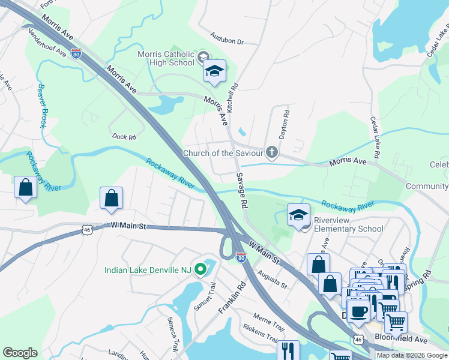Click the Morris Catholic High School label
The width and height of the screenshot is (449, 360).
click(x=166, y=58)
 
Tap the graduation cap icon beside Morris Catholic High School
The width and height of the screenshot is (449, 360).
click(x=214, y=71)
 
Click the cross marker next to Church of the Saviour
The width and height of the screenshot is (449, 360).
click(x=272, y=152)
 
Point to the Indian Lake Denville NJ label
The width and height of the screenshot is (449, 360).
click(x=147, y=270)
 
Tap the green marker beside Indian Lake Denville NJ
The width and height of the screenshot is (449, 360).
click(x=202, y=270)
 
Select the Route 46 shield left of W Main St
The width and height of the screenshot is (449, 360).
click(x=87, y=229)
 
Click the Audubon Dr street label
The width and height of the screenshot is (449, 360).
click(x=226, y=42)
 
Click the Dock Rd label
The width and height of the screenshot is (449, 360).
click(x=124, y=137)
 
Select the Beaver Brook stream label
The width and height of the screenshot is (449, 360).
click(x=42, y=105)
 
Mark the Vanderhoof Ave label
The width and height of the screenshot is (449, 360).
click(x=48, y=43)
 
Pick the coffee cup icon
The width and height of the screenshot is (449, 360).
click(x=359, y=311)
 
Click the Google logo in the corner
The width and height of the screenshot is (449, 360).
click(x=20, y=352)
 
